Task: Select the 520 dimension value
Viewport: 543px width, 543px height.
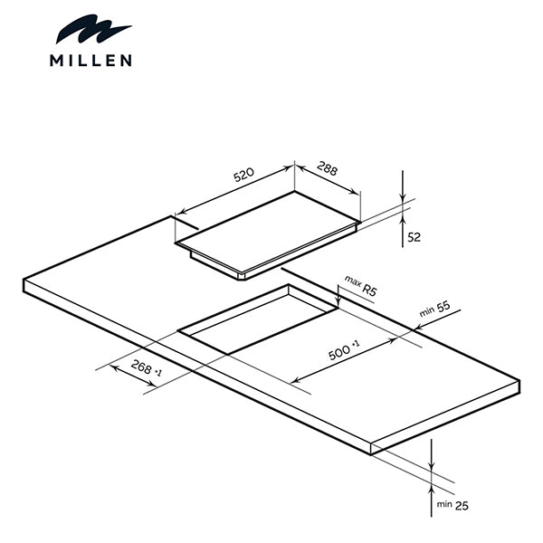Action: pos(243,176)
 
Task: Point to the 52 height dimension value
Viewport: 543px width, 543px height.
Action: pos(415,238)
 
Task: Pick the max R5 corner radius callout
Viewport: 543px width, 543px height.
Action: pos(359,288)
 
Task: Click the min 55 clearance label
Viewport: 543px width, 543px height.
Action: pos(434,309)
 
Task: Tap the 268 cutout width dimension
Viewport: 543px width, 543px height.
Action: pos(146,368)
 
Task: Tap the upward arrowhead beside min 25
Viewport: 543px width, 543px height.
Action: pos(433,478)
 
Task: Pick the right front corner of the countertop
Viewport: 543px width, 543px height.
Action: pos(373,443)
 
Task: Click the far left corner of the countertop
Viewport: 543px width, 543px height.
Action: pos(24,280)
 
